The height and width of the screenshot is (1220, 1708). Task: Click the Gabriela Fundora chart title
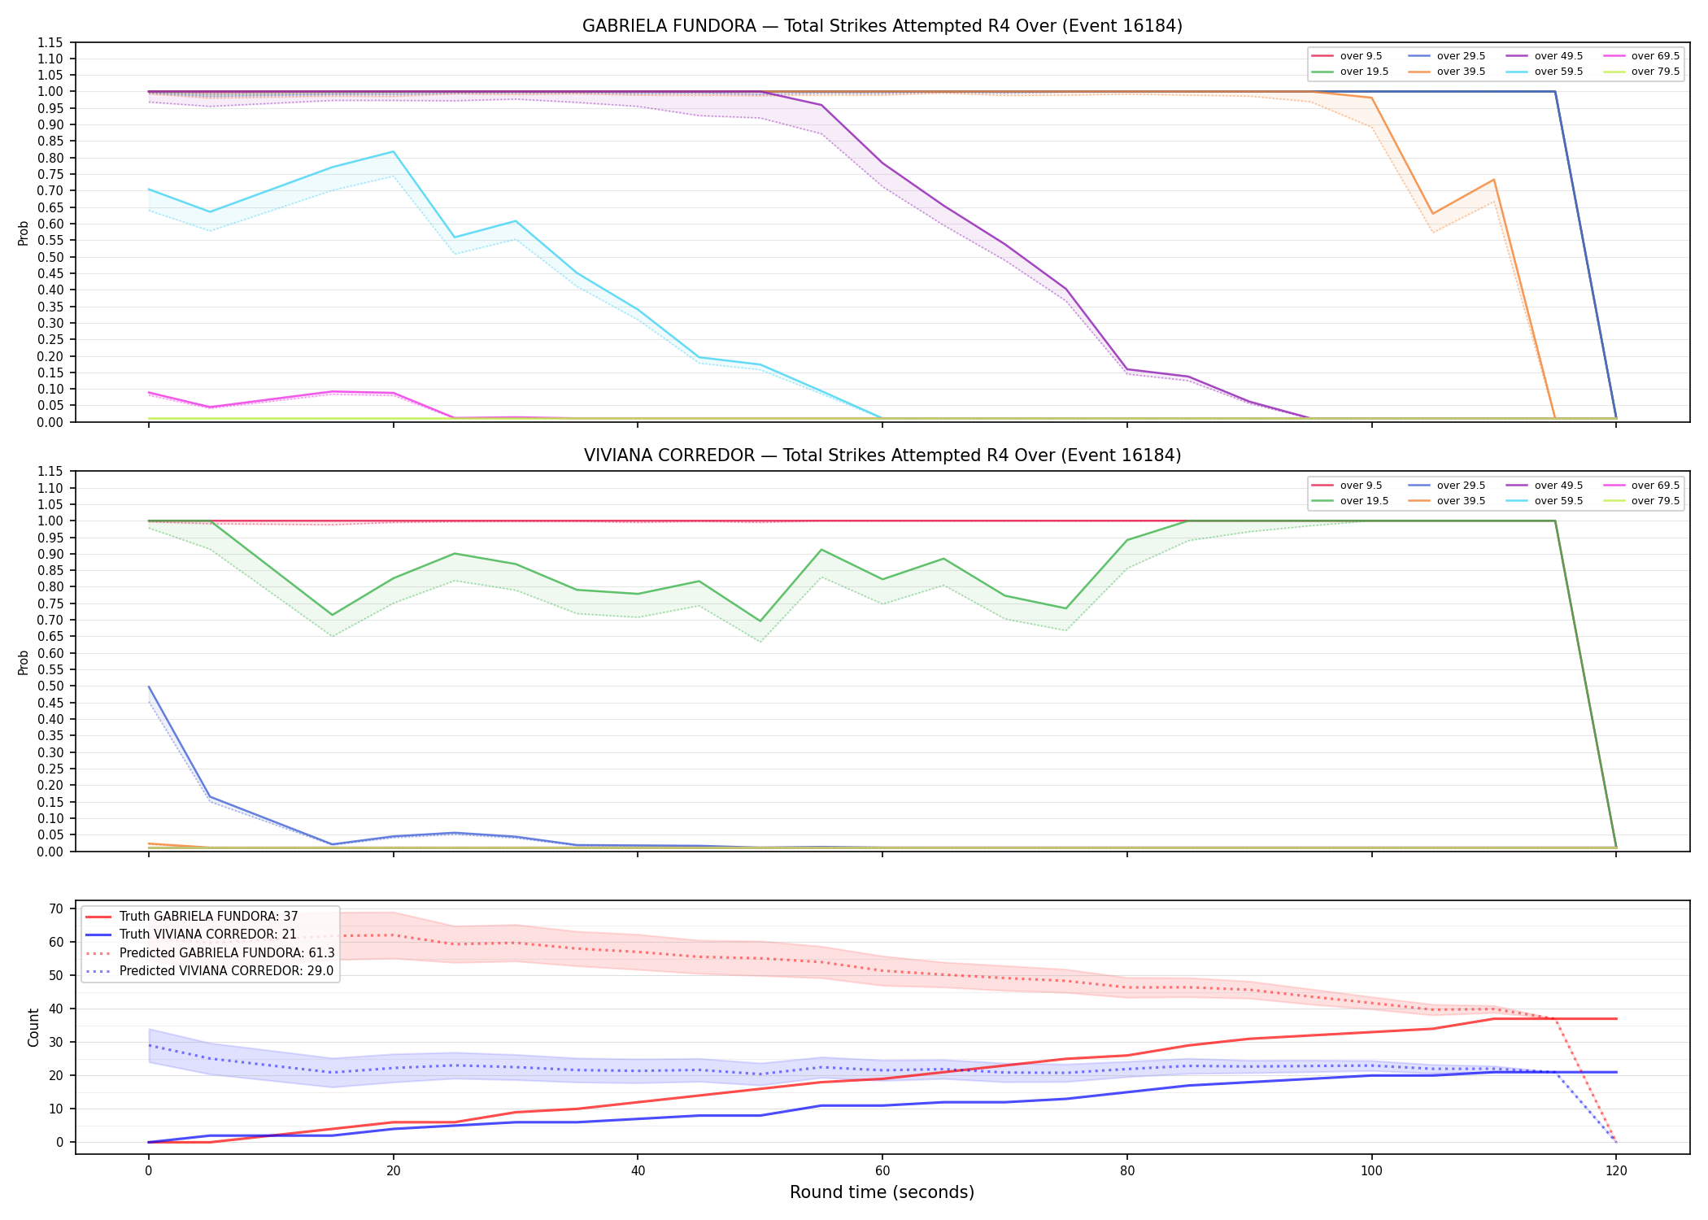882,26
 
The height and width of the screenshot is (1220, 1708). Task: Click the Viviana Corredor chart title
882,455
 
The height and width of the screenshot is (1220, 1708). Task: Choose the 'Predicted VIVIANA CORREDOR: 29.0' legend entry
210,971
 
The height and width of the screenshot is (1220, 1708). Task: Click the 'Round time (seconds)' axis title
882,1192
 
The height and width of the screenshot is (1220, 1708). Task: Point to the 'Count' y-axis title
33,1027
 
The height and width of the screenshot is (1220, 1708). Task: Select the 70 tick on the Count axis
56,908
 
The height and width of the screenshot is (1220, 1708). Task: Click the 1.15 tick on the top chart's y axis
50,42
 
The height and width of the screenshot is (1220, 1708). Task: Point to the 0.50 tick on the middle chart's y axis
50,686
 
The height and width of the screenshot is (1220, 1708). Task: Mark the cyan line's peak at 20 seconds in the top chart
393,151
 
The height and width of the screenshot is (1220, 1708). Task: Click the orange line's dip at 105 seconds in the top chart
1432,214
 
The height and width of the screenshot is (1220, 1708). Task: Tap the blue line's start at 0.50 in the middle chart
149,686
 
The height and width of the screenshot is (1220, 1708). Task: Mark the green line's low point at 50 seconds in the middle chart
760,621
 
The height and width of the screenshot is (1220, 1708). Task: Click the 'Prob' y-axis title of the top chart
24,233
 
